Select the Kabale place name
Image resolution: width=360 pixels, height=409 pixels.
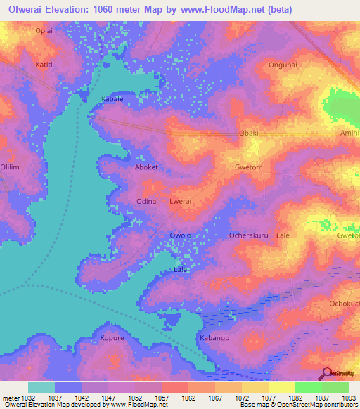click(x=112, y=99)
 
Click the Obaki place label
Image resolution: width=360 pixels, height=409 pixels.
click(x=249, y=133)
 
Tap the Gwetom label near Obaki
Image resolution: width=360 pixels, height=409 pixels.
click(x=248, y=168)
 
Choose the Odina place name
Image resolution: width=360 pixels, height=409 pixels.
click(x=146, y=201)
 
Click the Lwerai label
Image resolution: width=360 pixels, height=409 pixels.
click(x=181, y=201)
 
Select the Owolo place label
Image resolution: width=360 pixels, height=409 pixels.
click(x=181, y=235)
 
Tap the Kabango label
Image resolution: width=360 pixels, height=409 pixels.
click(x=214, y=338)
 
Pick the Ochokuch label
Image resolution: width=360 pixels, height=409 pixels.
click(x=344, y=304)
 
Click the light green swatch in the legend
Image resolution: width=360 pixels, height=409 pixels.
click(x=309, y=387)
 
